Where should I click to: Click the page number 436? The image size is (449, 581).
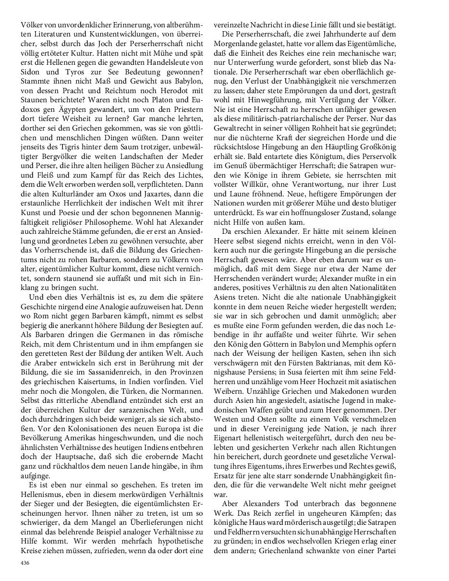click(25, 562)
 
